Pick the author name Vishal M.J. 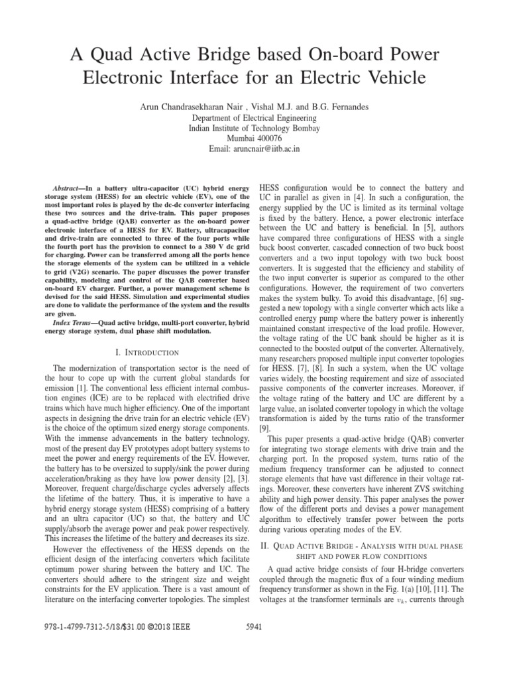point(274,107)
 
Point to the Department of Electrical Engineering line point(254,117)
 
